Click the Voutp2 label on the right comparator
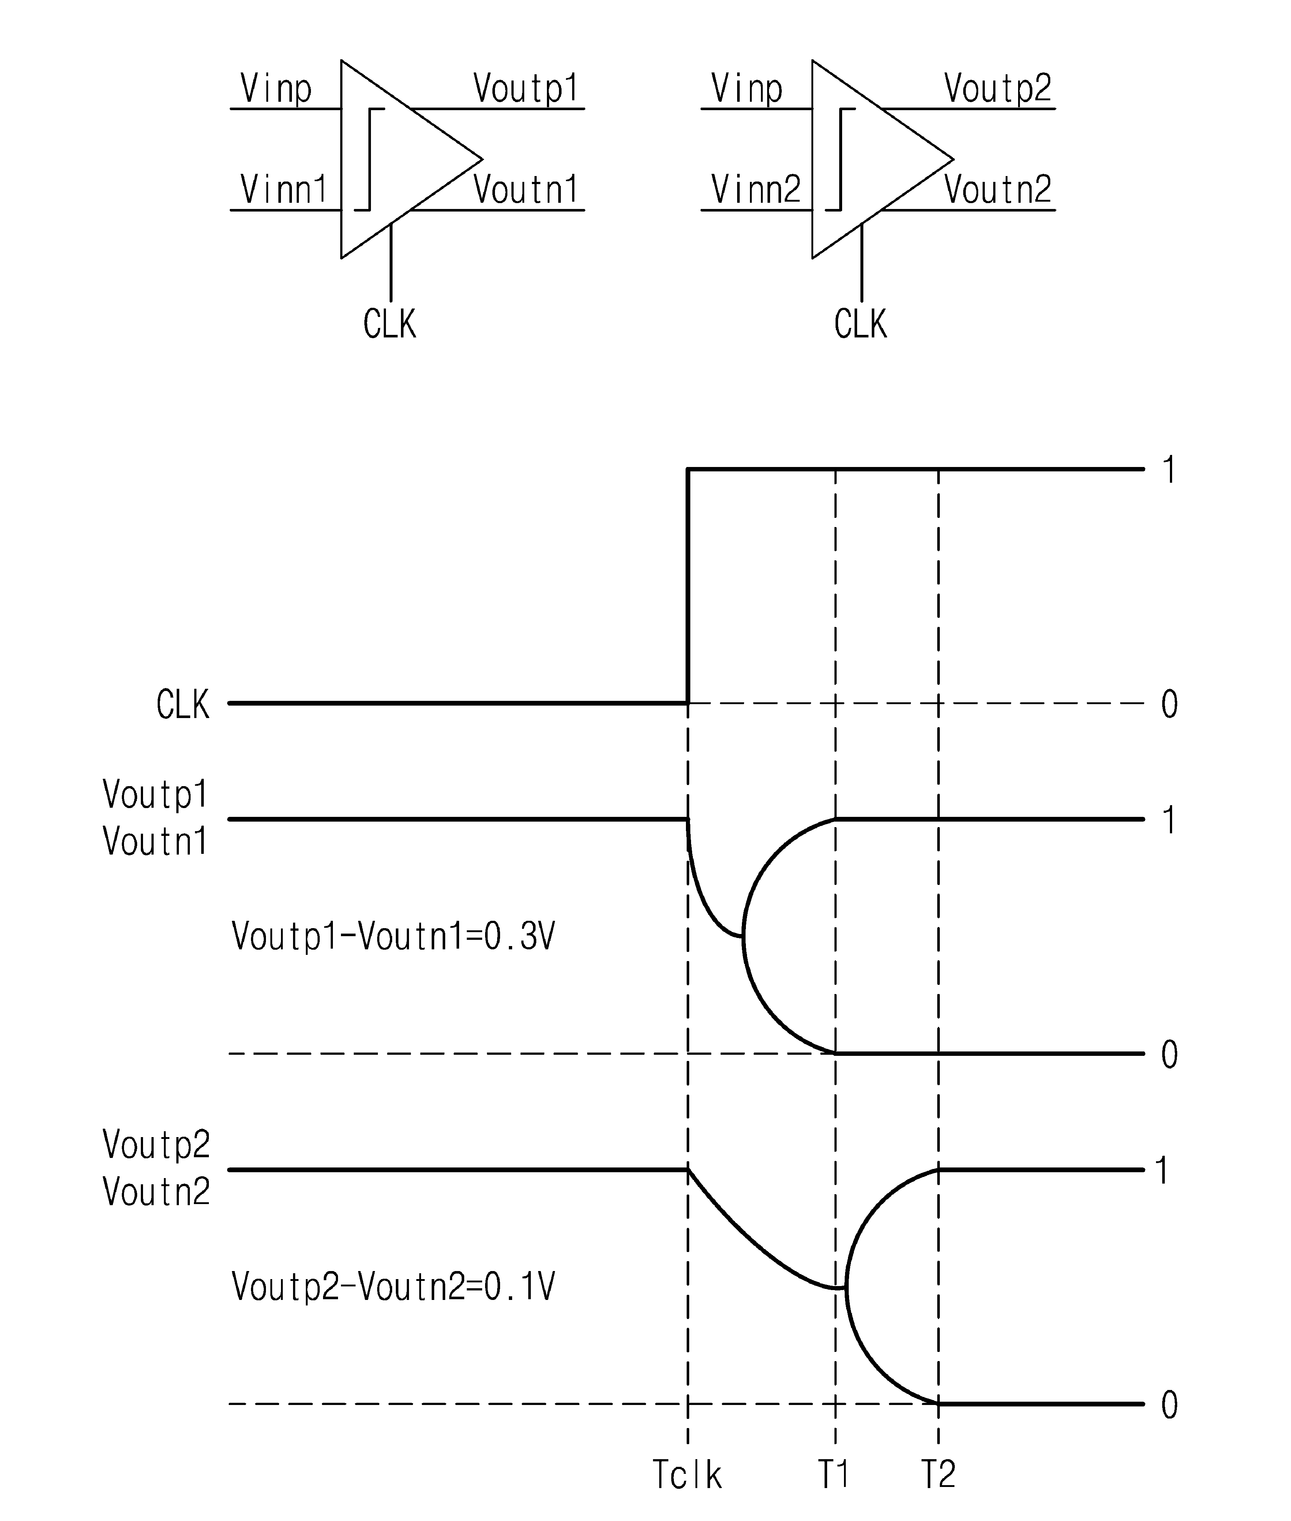998,89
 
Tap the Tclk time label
687,1474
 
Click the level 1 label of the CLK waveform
1169,469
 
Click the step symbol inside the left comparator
369,159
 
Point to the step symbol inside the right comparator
840,159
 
